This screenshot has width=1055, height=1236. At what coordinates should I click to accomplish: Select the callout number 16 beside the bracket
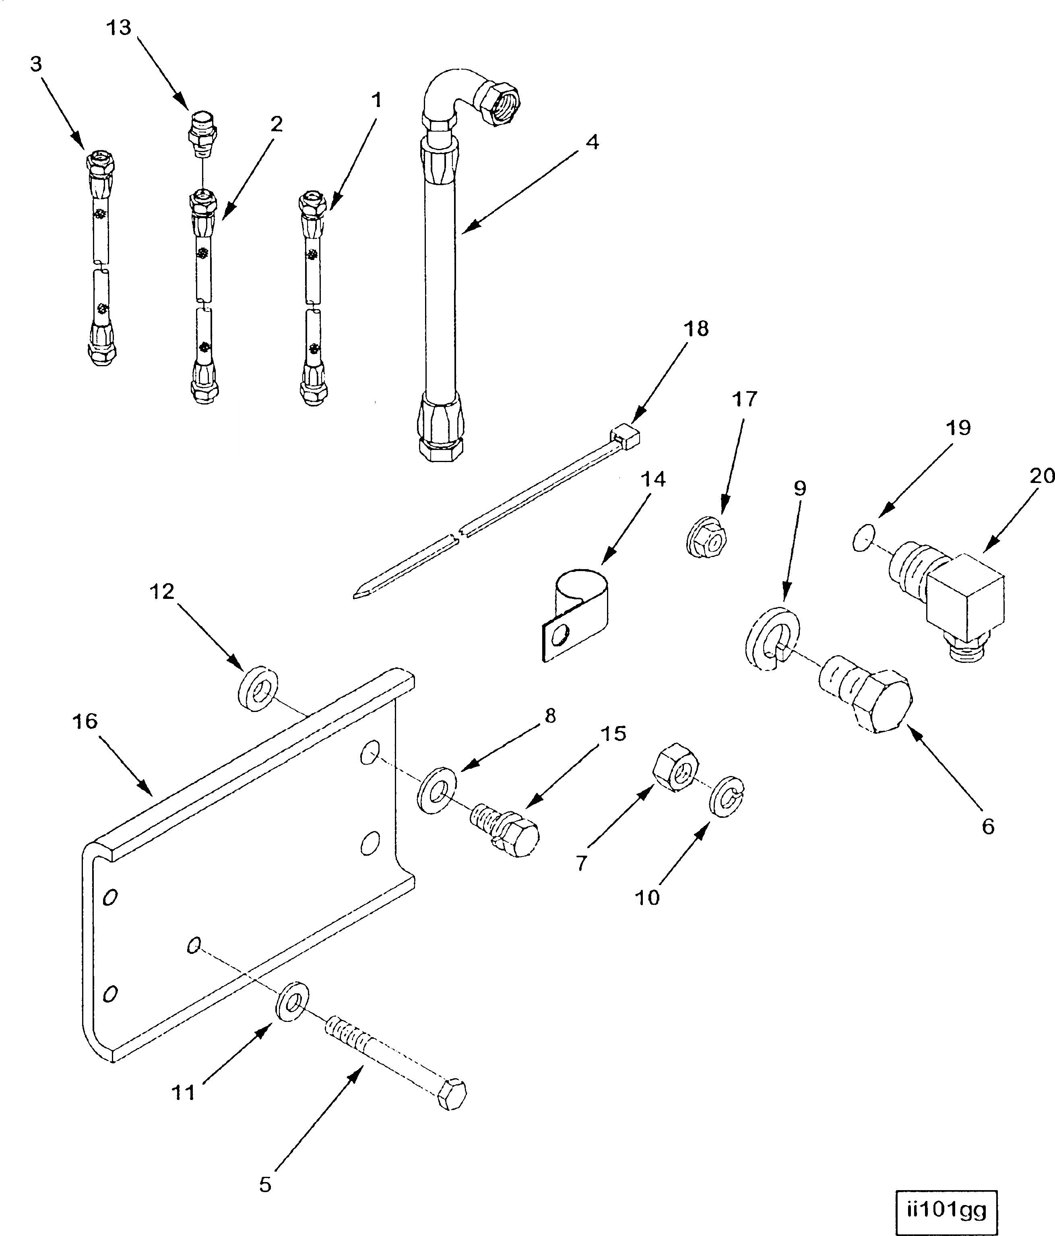point(85,721)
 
